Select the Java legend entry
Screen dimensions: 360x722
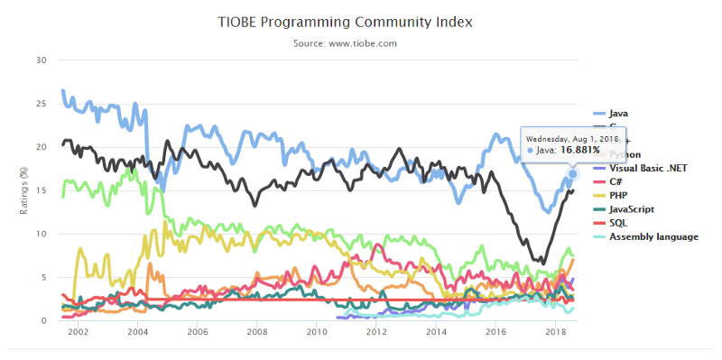point(618,114)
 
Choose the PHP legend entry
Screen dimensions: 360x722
point(619,196)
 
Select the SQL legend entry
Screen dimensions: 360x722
point(618,223)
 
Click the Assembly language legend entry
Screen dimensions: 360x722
point(653,236)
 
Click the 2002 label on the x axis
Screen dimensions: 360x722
point(78,333)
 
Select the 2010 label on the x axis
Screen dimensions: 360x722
point(316,333)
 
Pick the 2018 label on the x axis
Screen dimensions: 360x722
point(554,333)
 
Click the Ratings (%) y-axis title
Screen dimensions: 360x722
point(24,190)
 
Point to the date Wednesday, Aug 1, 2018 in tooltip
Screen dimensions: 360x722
point(570,138)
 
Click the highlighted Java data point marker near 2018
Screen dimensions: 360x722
point(572,172)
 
